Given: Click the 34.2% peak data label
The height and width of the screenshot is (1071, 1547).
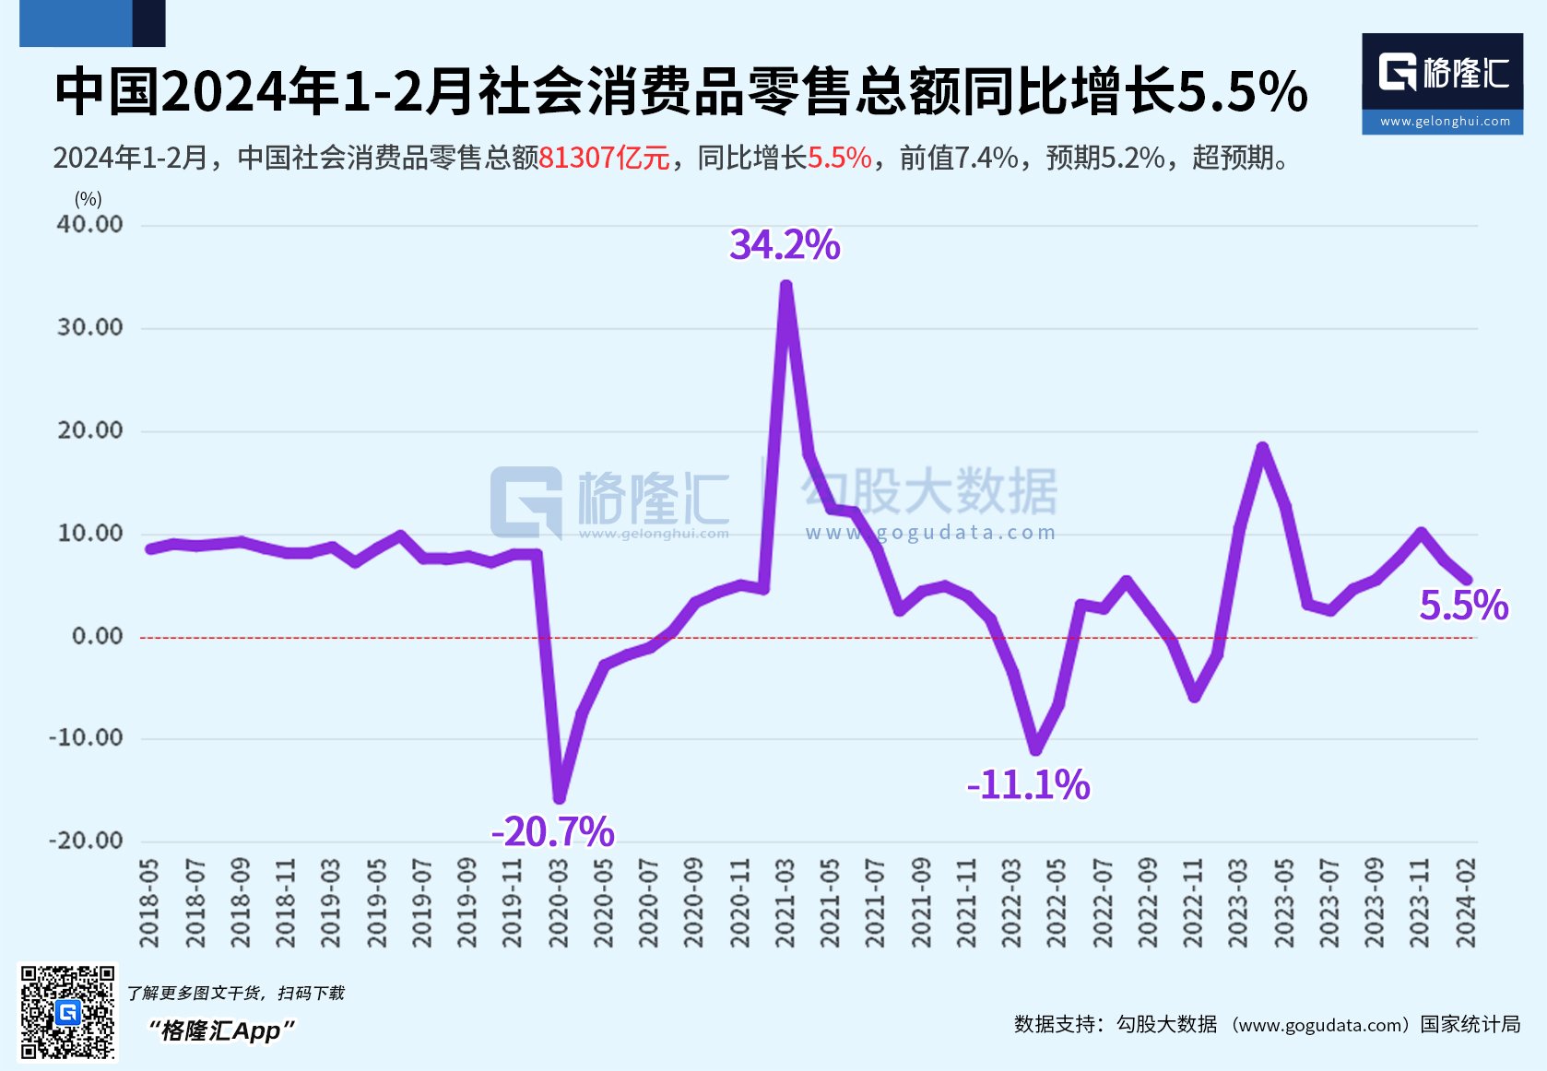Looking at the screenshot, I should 785,245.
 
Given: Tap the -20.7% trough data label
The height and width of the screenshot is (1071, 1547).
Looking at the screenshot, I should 553,831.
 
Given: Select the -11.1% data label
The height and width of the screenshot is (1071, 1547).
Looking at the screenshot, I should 1028,785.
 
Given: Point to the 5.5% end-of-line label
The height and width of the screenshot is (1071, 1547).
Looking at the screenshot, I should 1463,606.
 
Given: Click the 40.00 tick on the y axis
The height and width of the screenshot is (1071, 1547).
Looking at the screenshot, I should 89,225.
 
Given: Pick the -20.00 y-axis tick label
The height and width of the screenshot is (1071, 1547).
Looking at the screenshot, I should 86,841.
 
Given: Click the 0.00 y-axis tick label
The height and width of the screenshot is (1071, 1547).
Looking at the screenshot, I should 97,636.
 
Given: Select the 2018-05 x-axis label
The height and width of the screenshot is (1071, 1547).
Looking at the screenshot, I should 149,903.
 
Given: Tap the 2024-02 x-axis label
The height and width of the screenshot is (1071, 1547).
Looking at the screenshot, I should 1466,903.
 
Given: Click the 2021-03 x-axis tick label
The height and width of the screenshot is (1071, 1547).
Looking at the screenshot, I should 785,903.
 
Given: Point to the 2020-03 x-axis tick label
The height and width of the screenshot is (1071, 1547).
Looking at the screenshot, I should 558,903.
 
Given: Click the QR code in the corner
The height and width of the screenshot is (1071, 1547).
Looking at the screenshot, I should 68,1012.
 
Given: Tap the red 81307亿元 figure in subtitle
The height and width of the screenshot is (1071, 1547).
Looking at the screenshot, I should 604,159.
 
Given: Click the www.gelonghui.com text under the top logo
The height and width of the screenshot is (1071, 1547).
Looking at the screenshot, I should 1445,122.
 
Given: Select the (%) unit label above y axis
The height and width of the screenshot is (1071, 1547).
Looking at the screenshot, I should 89,199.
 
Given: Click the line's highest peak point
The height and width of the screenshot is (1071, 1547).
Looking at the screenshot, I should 785,287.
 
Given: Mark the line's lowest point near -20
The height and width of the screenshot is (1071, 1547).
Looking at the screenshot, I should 560,798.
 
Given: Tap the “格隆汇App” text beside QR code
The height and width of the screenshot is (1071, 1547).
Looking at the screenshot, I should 222,1030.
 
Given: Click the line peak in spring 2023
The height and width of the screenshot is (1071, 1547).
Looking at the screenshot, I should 1262,448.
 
